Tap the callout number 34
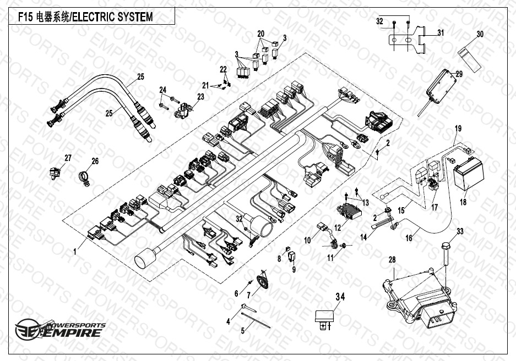(340, 297)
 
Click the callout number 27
(68, 158)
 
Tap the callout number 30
(480, 34)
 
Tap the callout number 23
(200, 97)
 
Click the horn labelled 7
(262, 282)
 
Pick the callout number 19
(458, 129)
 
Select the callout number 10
(307, 240)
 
